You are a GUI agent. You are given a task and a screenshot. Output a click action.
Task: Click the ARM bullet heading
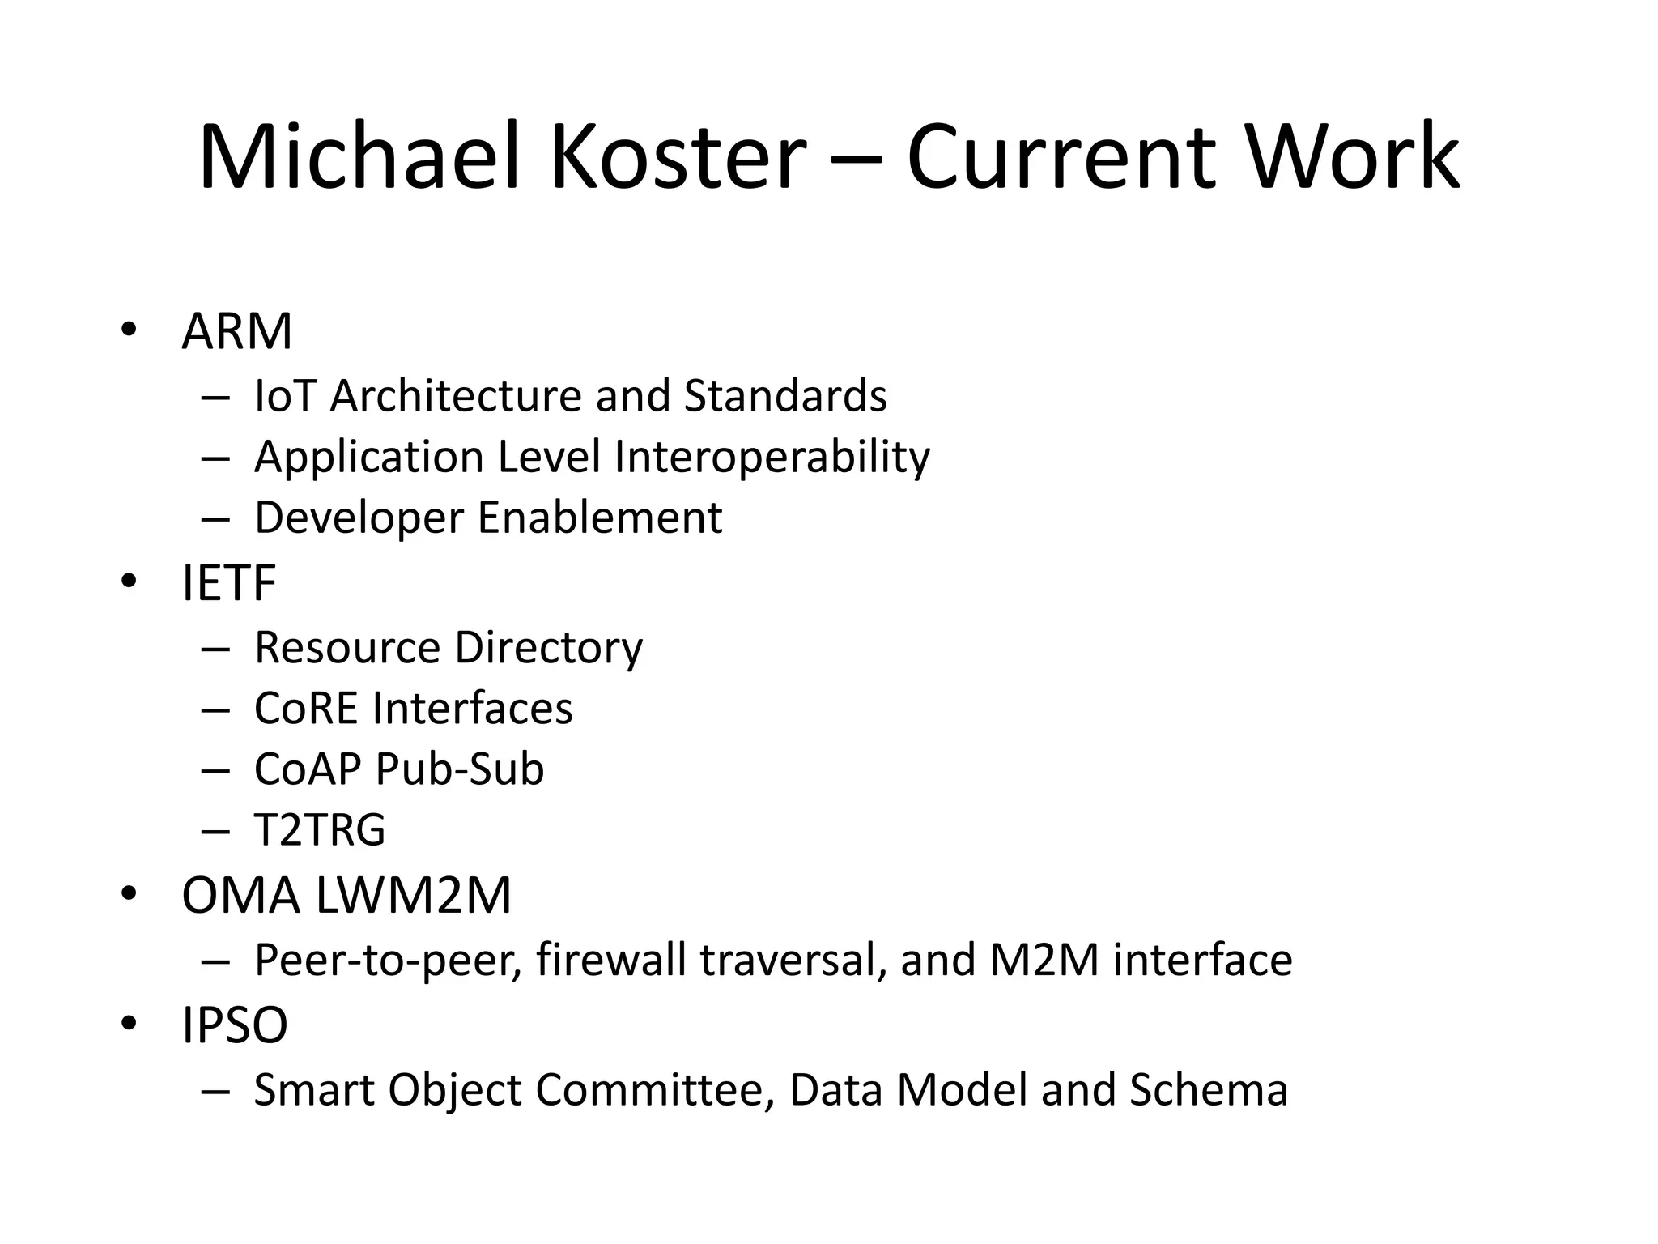tap(236, 331)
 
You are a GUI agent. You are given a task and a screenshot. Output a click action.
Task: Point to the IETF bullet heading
tap(229, 583)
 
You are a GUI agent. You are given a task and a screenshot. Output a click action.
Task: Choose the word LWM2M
tap(413, 896)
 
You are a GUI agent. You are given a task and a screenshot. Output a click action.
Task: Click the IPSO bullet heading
tap(235, 1025)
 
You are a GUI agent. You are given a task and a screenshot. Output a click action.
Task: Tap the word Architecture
tap(457, 396)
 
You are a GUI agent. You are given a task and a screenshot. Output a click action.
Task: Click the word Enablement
tap(599, 518)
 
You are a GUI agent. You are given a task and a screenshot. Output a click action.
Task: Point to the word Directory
tap(548, 648)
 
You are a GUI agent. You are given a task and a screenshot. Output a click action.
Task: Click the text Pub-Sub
tap(459, 769)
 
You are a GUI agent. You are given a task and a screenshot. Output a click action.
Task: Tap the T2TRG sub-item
tap(320, 830)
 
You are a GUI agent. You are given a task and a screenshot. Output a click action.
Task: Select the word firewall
tap(611, 961)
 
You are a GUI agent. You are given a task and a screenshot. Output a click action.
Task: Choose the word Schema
tap(1208, 1090)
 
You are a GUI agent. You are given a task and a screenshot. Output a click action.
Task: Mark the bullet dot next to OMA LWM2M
tap(128, 894)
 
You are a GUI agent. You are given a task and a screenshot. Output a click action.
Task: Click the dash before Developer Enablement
tap(216, 519)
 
